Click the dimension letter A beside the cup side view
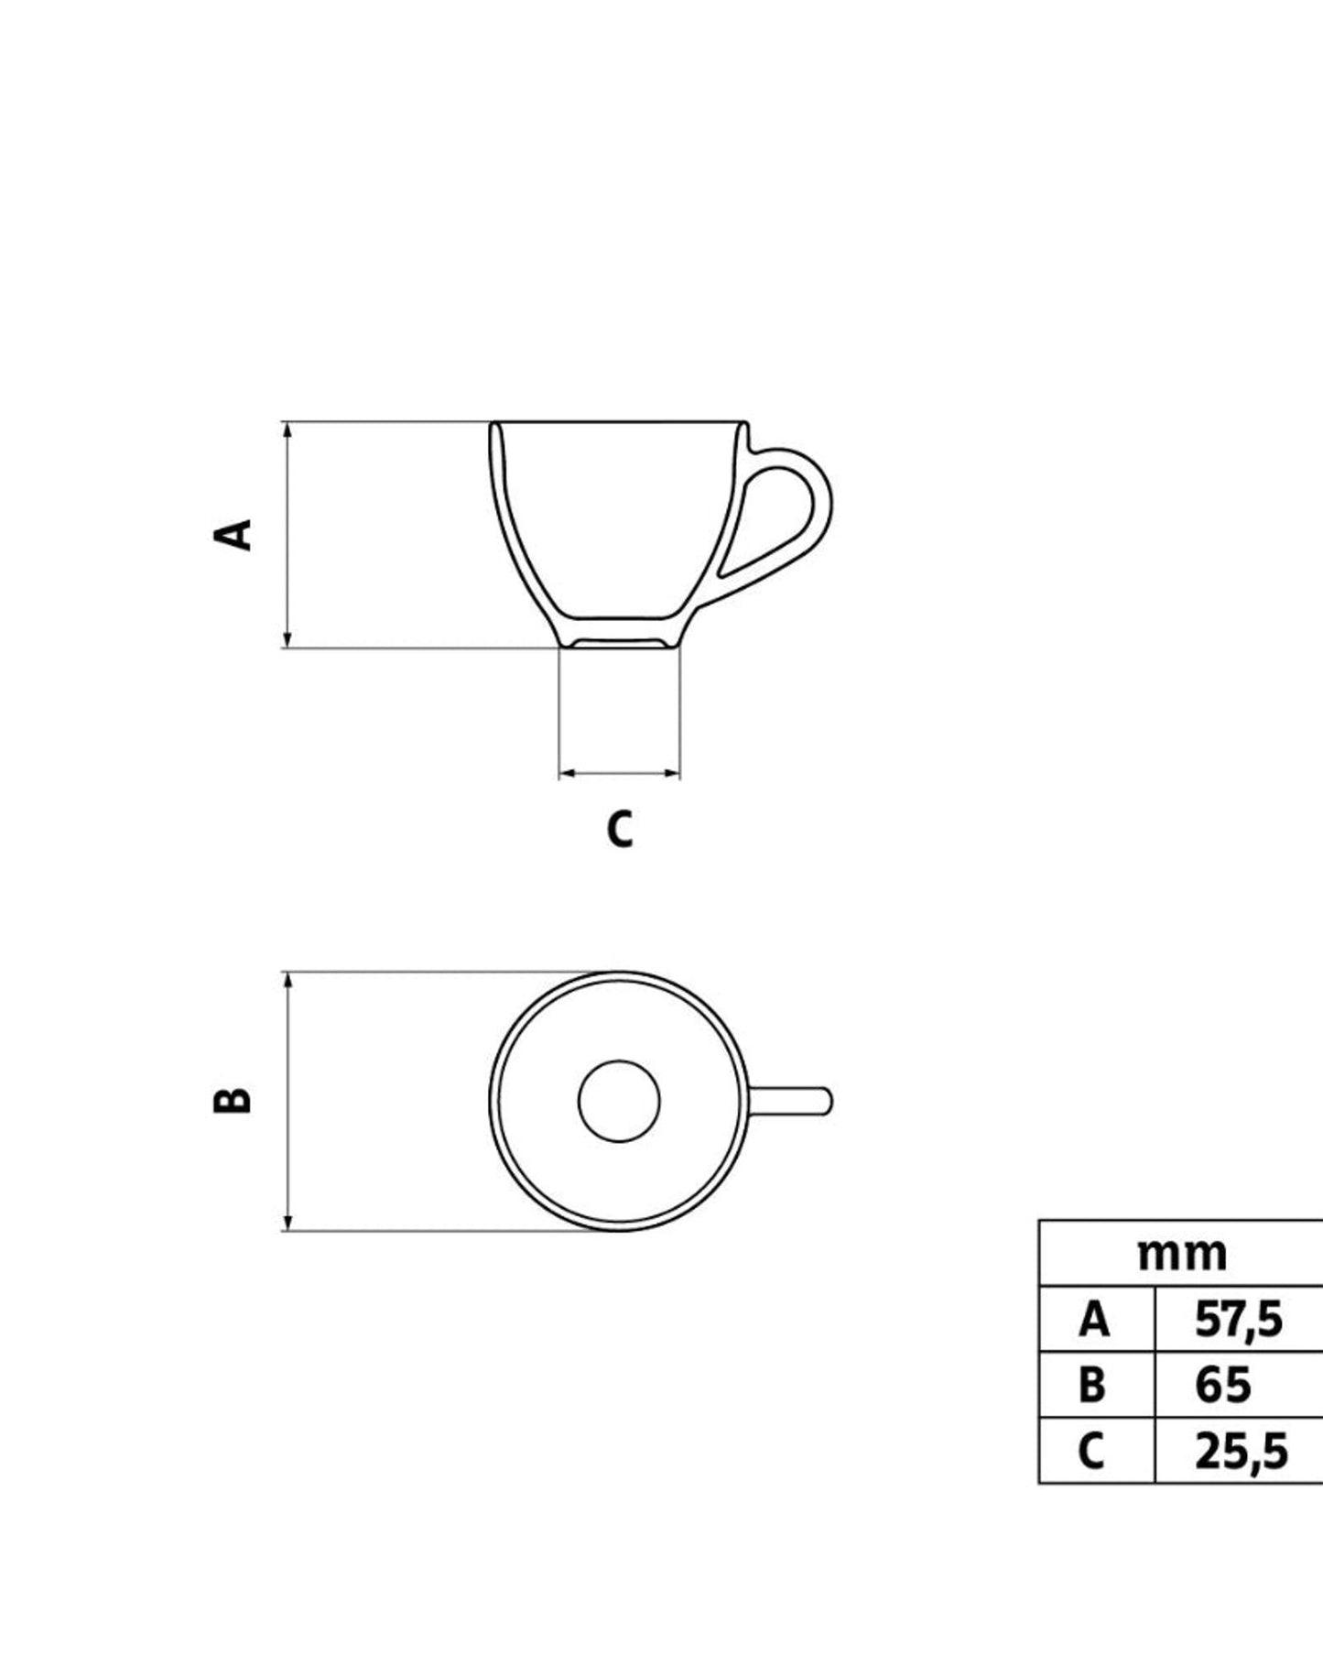(233, 534)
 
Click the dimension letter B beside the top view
(233, 1100)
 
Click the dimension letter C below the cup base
(620, 829)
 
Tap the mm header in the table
(1182, 1254)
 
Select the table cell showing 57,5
(1239, 1320)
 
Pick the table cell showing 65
(1222, 1385)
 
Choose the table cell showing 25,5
(1241, 1451)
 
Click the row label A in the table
(1094, 1320)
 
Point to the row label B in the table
(1092, 1385)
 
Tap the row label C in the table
(1091, 1451)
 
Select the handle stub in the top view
(792, 1101)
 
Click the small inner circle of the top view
(619, 1101)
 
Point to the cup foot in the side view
(619, 642)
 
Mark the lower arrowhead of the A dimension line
(287, 640)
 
